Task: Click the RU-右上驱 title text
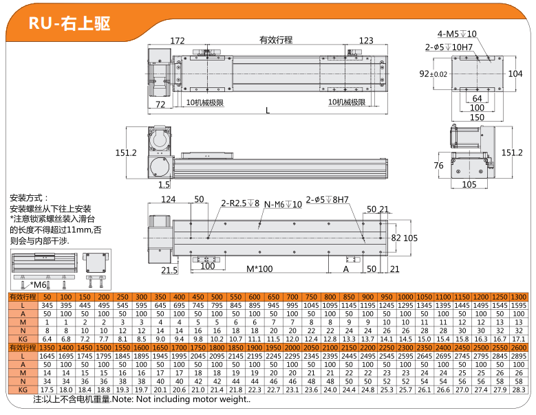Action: [69, 23]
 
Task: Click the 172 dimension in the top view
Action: [178, 41]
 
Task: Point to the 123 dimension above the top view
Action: [366, 41]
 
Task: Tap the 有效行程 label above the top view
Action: [276, 40]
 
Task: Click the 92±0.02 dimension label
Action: [433, 74]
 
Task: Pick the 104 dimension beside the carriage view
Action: [515, 74]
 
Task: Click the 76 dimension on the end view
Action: [438, 166]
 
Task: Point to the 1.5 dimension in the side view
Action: [164, 185]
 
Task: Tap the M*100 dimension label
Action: [259, 269]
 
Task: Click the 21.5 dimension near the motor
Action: [169, 270]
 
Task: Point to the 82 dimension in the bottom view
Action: [396, 238]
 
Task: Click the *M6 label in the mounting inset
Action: [38, 284]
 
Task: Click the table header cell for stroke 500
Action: [217, 297]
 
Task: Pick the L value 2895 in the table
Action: [519, 356]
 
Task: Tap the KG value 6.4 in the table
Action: [47, 339]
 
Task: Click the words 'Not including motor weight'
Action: [192, 399]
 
